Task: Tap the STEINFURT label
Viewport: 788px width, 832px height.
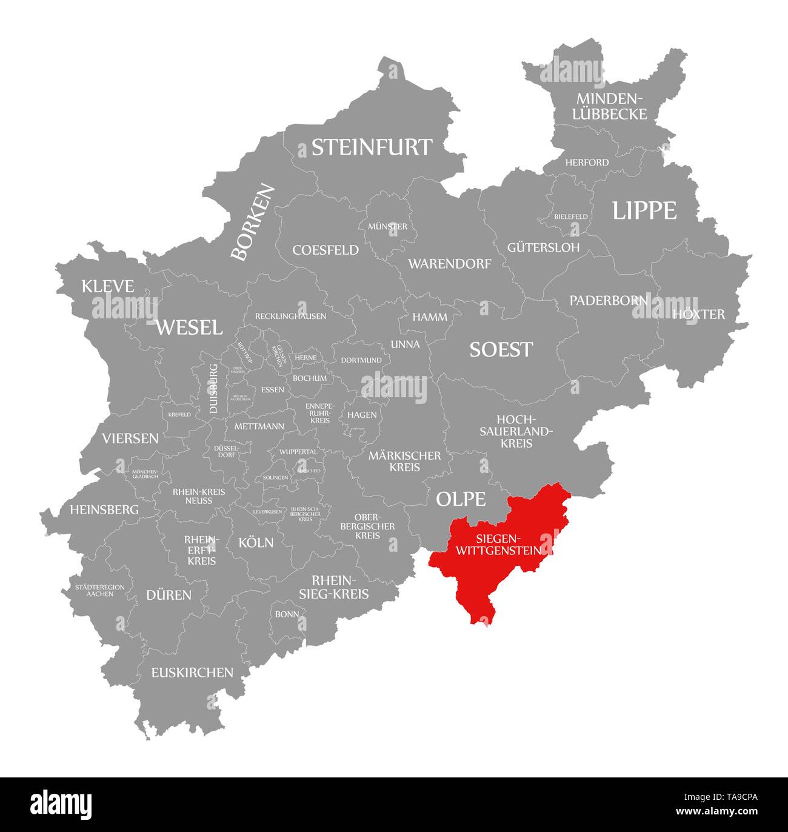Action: point(372,147)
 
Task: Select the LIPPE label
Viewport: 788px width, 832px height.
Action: point(644,210)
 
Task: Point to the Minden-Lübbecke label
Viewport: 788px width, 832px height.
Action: point(611,106)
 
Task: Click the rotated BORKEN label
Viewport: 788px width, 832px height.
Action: point(253,223)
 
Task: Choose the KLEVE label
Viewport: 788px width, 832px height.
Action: point(107,286)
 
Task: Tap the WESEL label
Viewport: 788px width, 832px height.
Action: point(189,327)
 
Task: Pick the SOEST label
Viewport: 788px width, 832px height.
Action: point(501,349)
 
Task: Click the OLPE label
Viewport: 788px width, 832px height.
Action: point(461,499)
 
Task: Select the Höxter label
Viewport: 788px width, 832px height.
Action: point(698,314)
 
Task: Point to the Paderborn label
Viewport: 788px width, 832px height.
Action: point(608,300)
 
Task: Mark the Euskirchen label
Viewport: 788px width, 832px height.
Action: point(192,672)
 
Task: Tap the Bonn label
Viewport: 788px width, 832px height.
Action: point(287,614)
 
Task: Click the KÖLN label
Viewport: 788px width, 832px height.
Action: point(256,542)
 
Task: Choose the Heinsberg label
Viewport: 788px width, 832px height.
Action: point(104,509)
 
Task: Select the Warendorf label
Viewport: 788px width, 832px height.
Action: point(449,264)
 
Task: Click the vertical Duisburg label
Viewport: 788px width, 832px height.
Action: point(213,389)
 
